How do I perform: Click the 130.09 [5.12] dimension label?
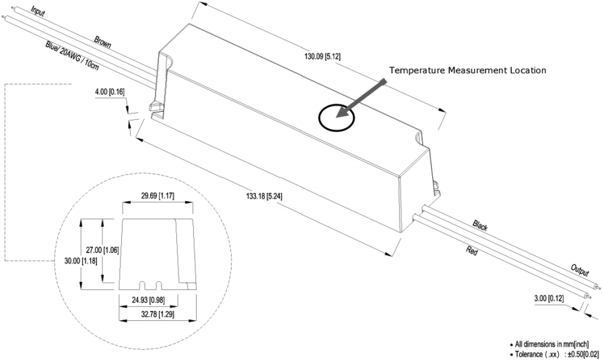(x=323, y=57)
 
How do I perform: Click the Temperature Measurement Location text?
(x=468, y=70)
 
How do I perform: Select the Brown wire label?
(x=102, y=42)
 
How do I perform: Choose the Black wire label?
(x=480, y=225)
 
